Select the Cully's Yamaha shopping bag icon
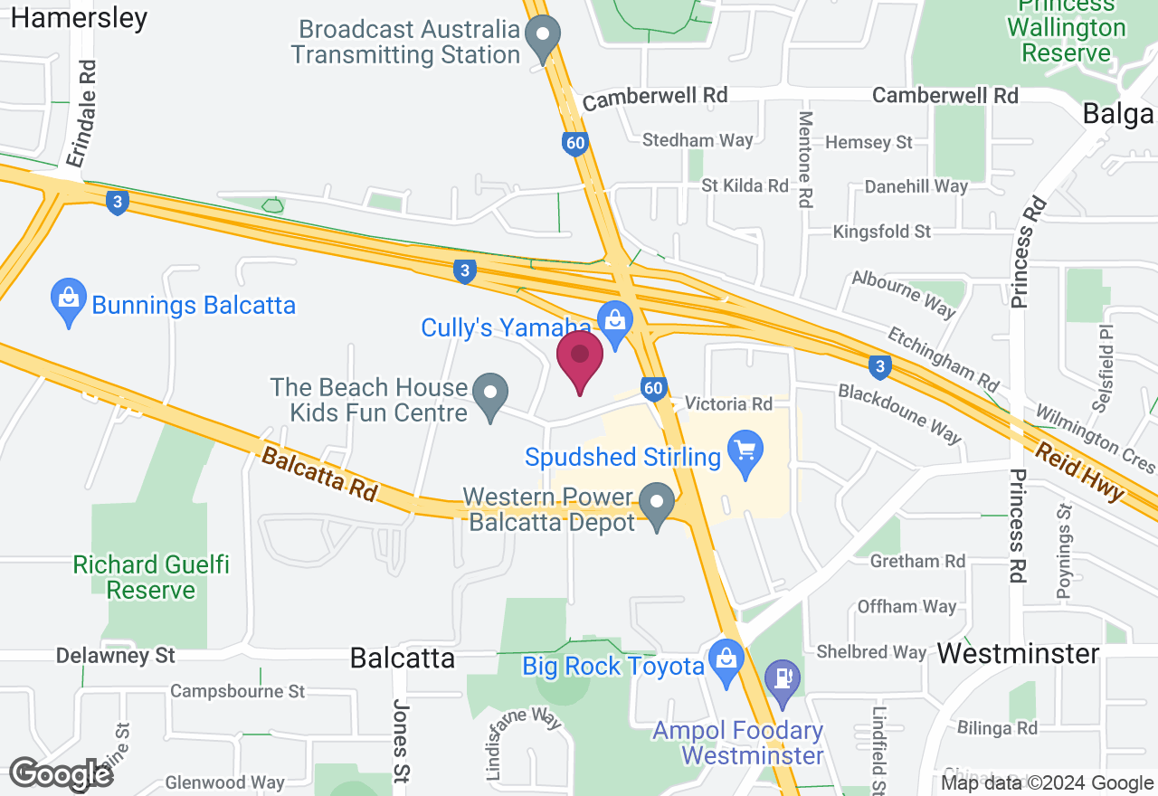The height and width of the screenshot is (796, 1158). pos(615,324)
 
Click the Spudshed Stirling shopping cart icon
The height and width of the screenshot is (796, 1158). pos(745,454)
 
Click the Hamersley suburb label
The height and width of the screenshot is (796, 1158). pos(80,18)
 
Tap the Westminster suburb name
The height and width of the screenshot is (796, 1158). pos(1018,653)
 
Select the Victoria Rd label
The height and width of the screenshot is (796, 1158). pos(728,403)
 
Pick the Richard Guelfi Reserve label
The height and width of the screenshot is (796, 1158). pos(151,577)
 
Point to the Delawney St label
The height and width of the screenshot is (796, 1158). pos(115,655)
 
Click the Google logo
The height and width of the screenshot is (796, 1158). pos(62,774)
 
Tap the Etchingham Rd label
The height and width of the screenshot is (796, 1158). pos(942,355)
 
